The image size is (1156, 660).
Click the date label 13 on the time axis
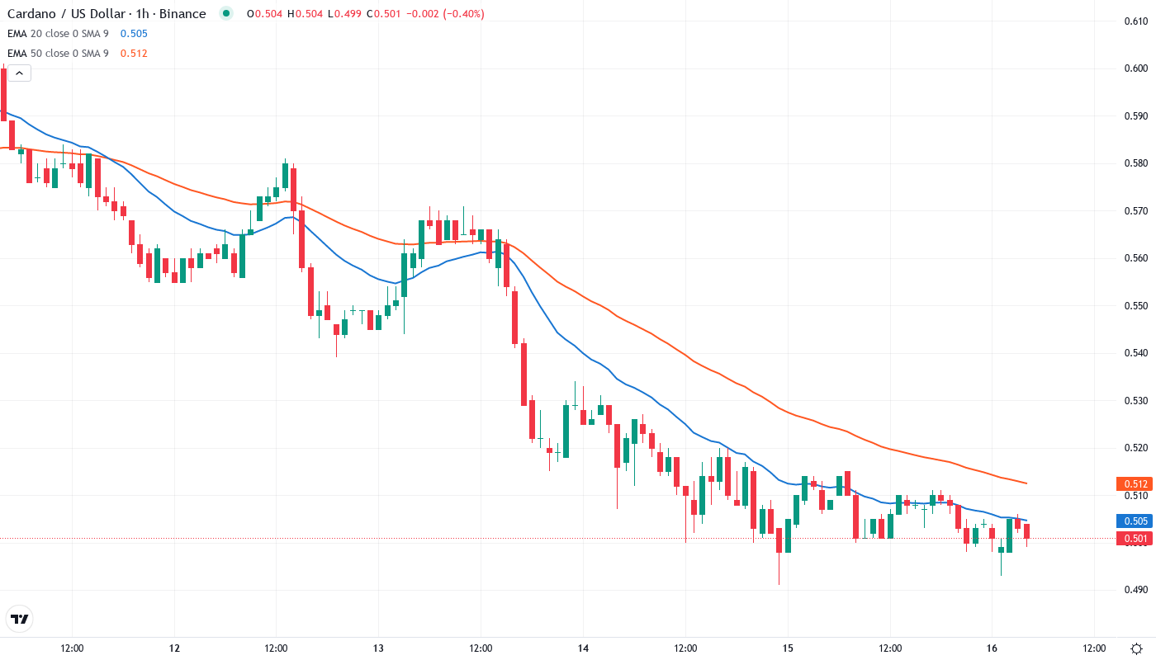tap(378, 648)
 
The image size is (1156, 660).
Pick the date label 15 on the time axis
tap(788, 648)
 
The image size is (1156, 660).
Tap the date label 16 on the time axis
tap(993, 648)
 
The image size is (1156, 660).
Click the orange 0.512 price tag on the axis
tap(1133, 484)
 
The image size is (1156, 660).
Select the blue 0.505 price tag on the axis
tap(1133, 521)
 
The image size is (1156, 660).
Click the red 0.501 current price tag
tap(1133, 539)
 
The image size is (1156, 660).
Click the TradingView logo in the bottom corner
tap(20, 618)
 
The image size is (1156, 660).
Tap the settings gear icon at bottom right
tap(1137, 648)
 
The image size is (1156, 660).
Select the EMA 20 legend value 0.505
tap(134, 34)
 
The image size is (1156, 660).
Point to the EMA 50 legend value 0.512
tap(134, 54)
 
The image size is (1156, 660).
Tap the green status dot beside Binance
tap(226, 14)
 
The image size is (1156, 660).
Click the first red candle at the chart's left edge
tap(3, 95)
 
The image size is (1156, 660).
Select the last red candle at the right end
tap(1027, 531)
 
